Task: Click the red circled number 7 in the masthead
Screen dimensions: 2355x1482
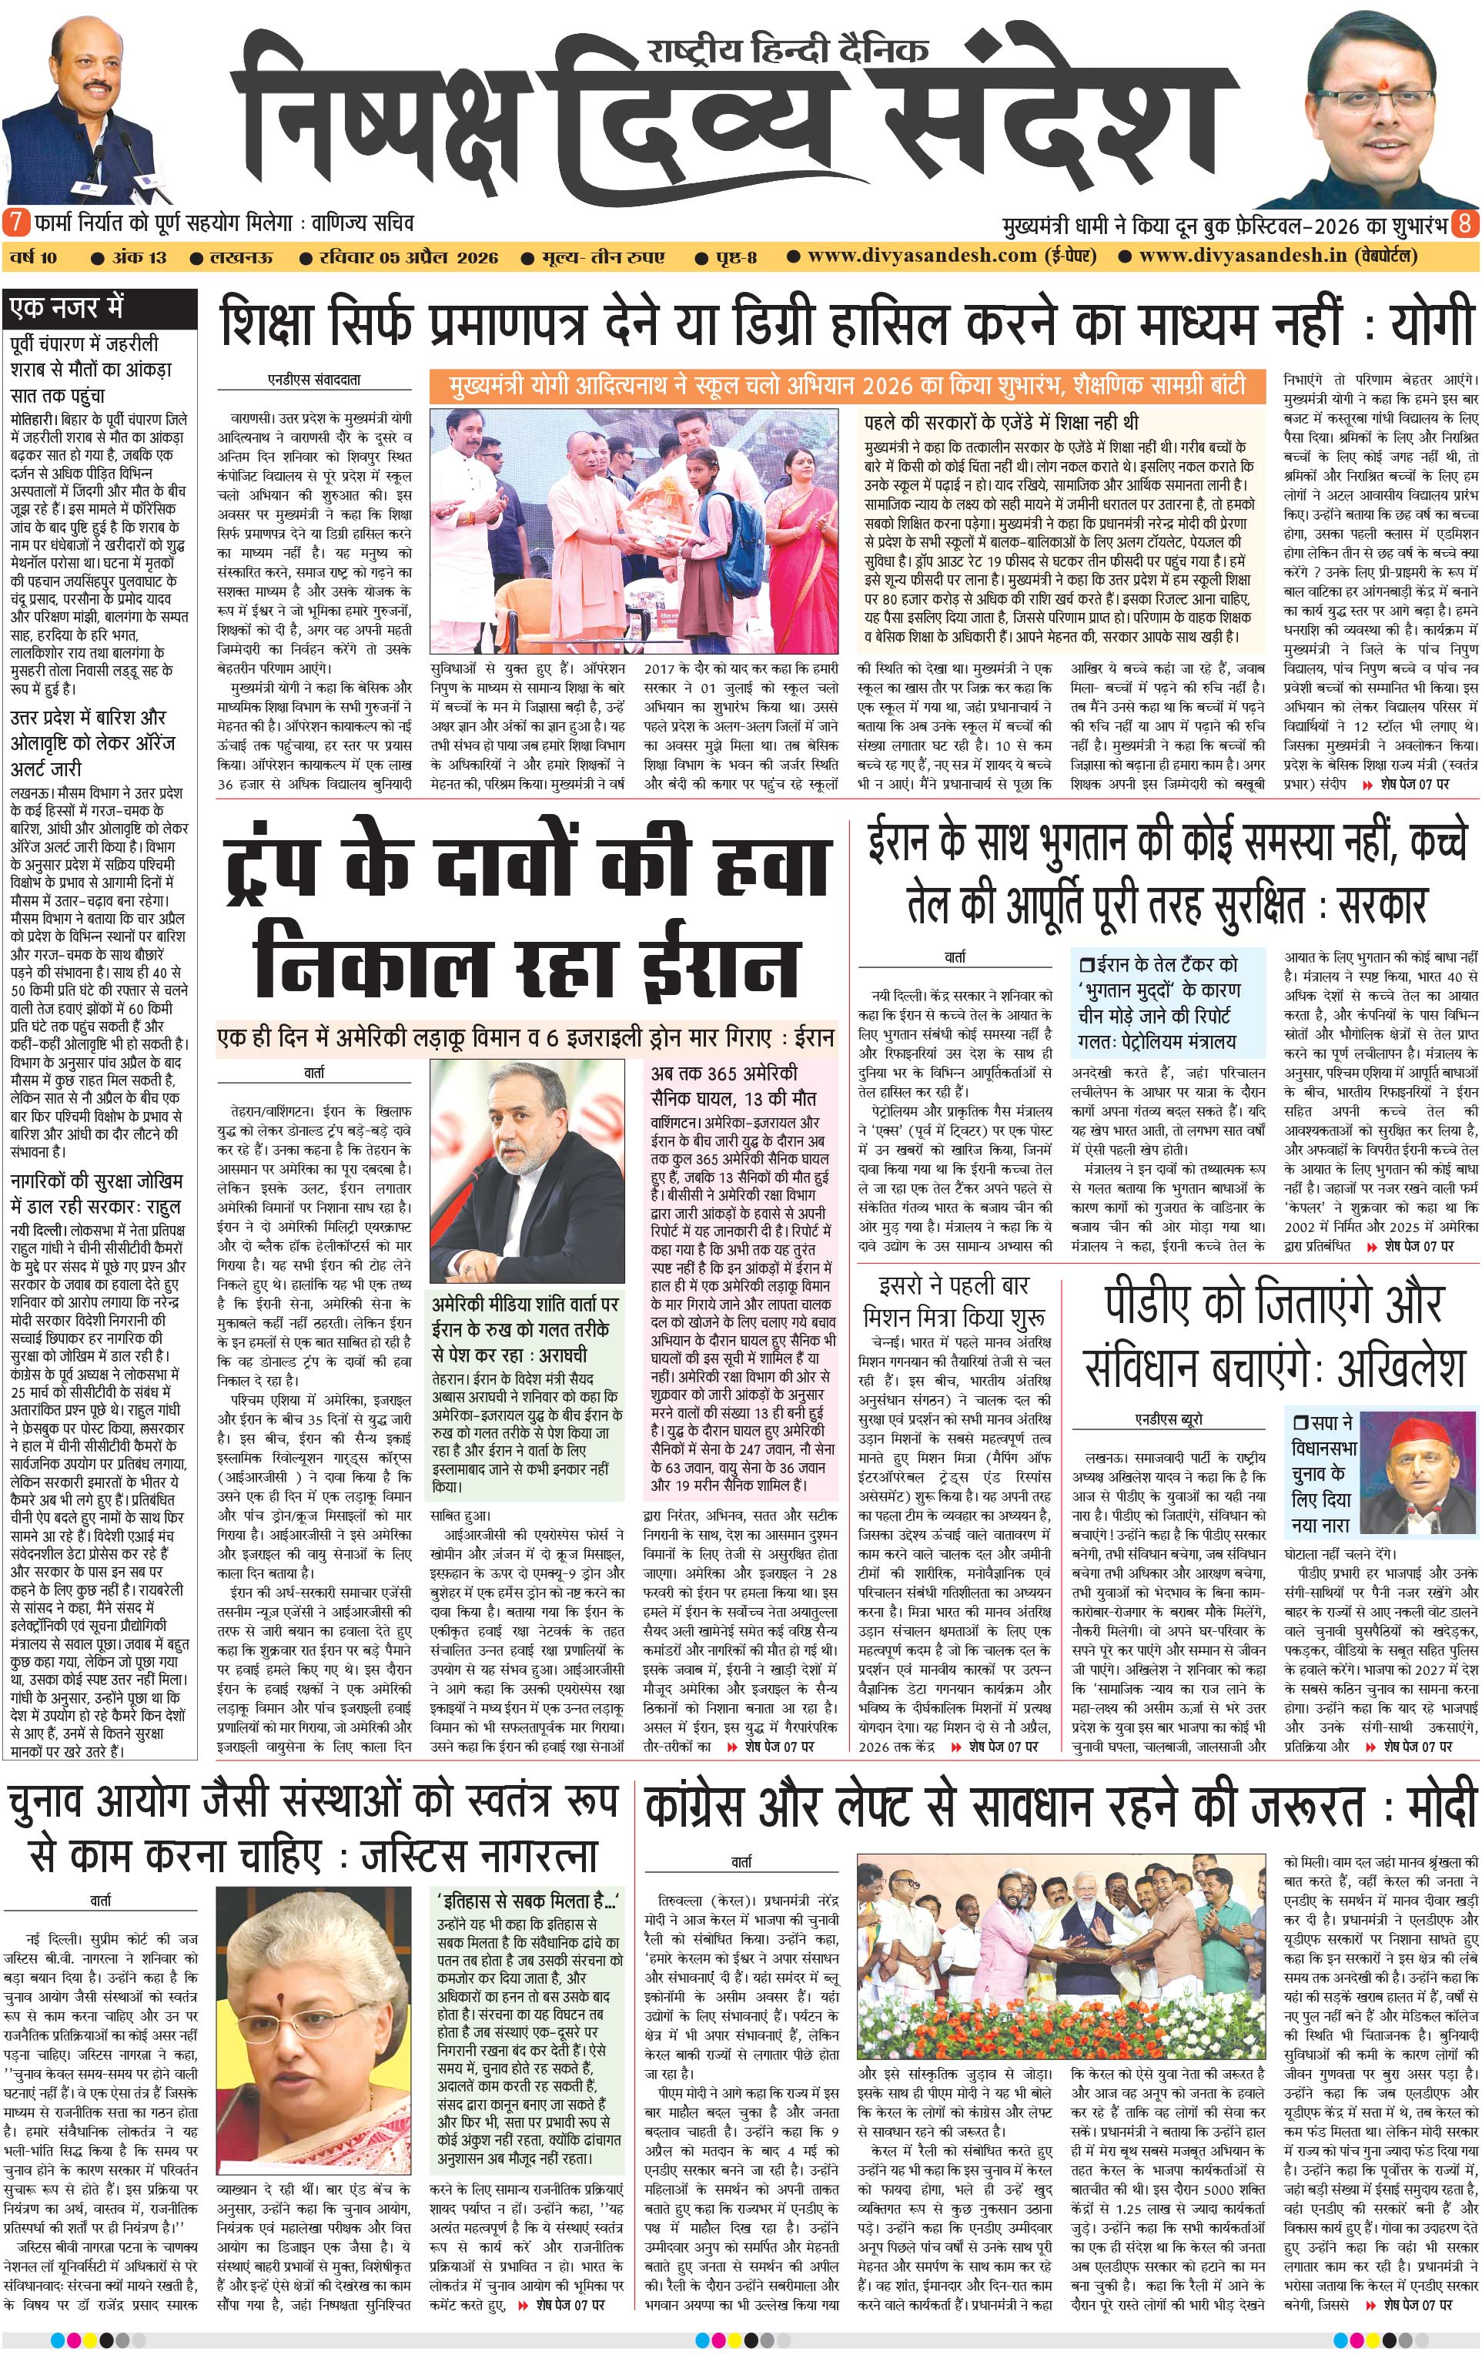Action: coord(15,222)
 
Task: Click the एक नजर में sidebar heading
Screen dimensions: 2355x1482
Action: coord(66,308)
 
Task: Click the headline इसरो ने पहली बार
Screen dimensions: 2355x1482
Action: coord(953,1285)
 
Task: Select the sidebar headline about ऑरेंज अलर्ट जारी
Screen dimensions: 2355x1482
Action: coord(94,742)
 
